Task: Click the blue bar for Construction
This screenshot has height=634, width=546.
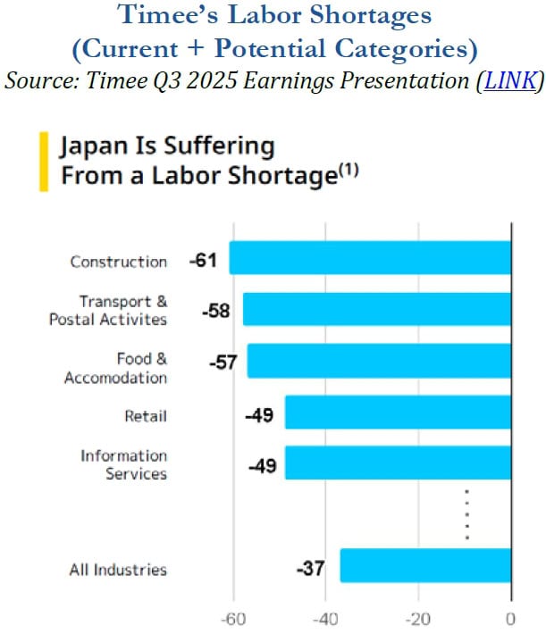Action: pos(370,258)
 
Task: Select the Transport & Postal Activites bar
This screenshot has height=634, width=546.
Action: pos(377,309)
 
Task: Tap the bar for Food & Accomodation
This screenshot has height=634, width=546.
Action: pos(379,361)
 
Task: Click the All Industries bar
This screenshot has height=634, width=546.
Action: pos(425,565)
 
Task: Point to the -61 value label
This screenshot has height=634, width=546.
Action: pos(205,260)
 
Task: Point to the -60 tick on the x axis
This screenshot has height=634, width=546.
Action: pos(233,618)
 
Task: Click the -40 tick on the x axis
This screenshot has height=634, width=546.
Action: pos(326,618)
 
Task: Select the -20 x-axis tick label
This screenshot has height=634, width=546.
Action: pos(417,618)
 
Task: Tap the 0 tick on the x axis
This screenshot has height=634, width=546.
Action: pos(510,618)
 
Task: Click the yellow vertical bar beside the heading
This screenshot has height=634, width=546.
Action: pos(43,161)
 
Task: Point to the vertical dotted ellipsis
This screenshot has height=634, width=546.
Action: pos(466,514)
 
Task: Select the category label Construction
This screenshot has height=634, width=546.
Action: pos(119,262)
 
